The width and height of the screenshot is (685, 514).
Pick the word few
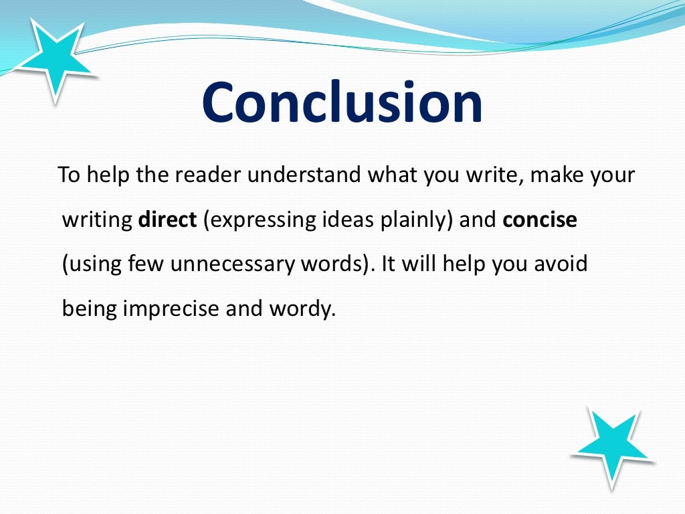(147, 264)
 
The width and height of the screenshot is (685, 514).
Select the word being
(88, 309)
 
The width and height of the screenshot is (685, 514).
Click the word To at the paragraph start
(68, 177)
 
